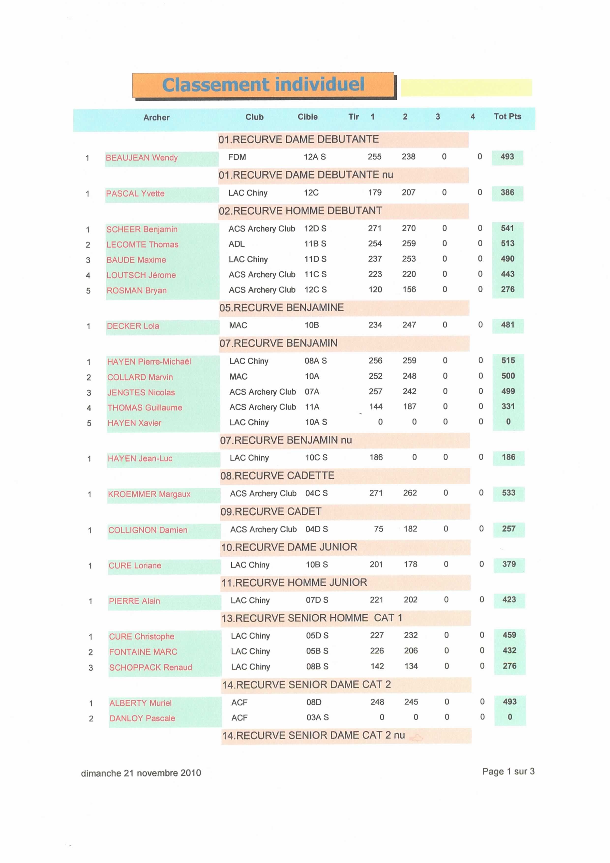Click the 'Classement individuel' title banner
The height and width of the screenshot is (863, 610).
click(263, 85)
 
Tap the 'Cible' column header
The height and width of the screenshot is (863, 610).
click(307, 117)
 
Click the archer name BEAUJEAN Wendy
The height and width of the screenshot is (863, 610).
click(141, 158)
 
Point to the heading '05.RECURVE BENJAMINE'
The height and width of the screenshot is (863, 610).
click(282, 308)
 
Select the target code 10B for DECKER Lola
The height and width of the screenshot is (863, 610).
click(312, 325)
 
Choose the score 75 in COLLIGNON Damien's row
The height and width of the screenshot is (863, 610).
click(378, 529)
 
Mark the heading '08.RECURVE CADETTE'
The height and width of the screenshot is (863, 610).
click(277, 476)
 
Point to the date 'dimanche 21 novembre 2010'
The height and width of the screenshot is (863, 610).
click(141, 773)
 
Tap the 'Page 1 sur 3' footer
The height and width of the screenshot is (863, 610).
click(508, 771)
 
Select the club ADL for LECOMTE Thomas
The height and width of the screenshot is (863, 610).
click(237, 244)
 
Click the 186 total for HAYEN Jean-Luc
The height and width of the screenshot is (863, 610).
click(508, 457)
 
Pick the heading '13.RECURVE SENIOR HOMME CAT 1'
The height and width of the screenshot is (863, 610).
click(312, 618)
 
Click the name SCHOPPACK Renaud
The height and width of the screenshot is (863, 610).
click(150, 667)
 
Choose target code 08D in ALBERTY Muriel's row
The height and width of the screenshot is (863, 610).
click(314, 702)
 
